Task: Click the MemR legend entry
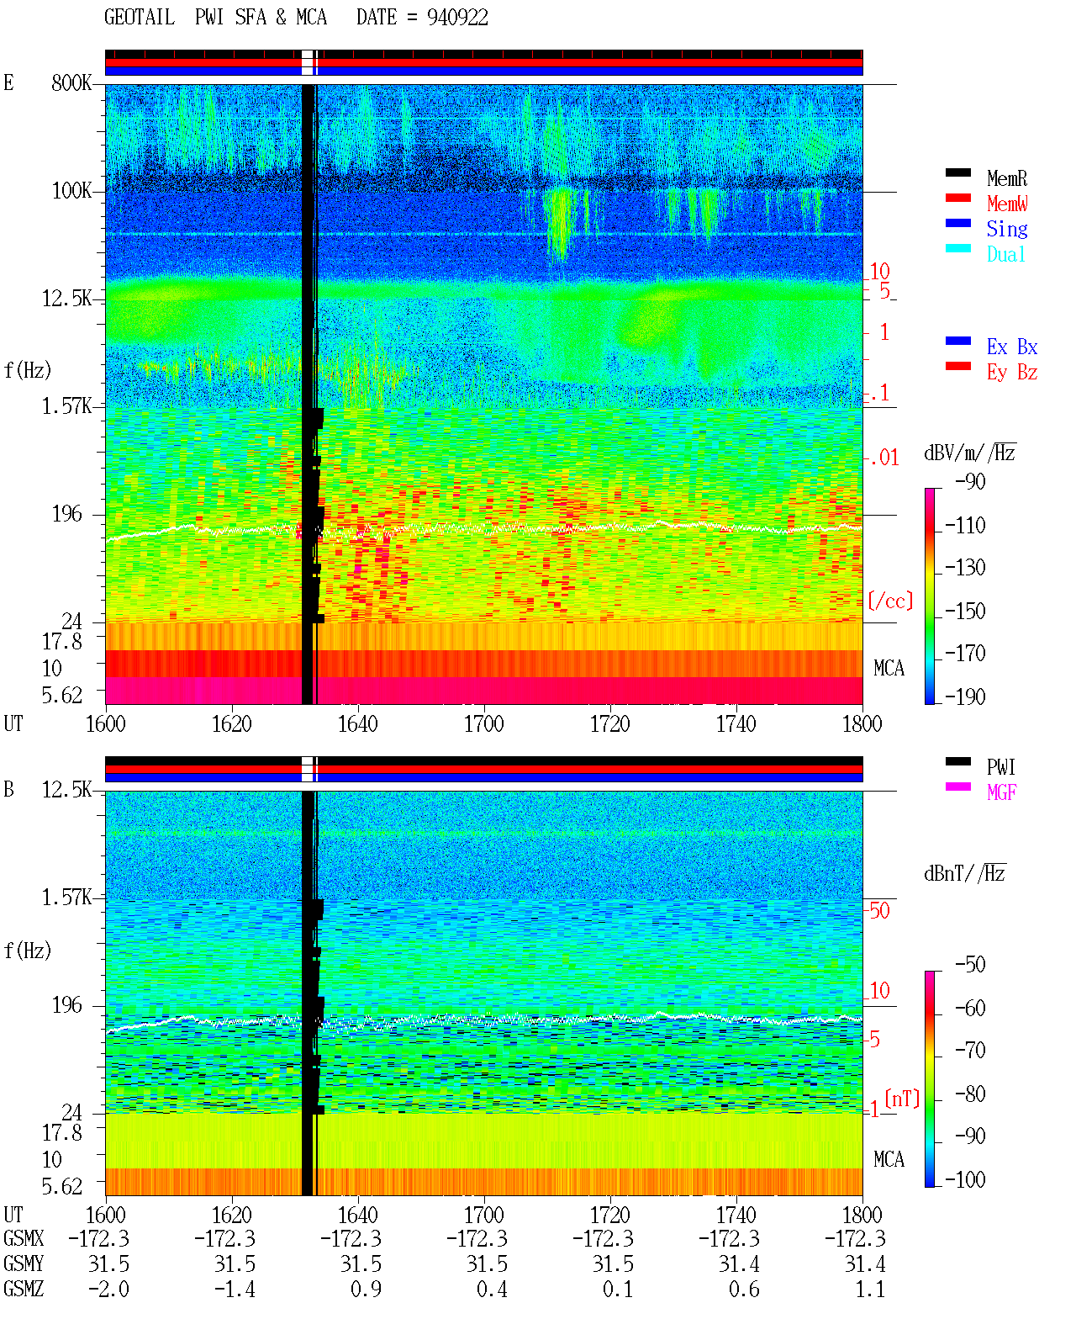tap(1006, 178)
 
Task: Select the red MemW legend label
tap(1007, 204)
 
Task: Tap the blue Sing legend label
tap(1006, 229)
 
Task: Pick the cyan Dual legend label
tap(1005, 254)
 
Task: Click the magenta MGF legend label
tap(1001, 792)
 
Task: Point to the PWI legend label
tap(1000, 767)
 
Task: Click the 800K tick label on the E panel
tap(71, 82)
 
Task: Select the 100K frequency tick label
tap(71, 191)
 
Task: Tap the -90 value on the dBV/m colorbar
tap(970, 481)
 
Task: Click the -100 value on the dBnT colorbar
tap(965, 1179)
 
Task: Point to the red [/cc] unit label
tap(890, 601)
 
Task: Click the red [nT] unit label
tap(902, 1099)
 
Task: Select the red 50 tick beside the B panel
tap(879, 911)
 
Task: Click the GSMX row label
tap(24, 1238)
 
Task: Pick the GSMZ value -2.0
tap(108, 1290)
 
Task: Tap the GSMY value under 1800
tap(865, 1264)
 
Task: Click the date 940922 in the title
tap(457, 18)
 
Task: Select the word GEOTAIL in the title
tap(140, 18)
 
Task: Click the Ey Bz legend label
tap(1012, 372)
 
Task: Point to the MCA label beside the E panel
tap(889, 668)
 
